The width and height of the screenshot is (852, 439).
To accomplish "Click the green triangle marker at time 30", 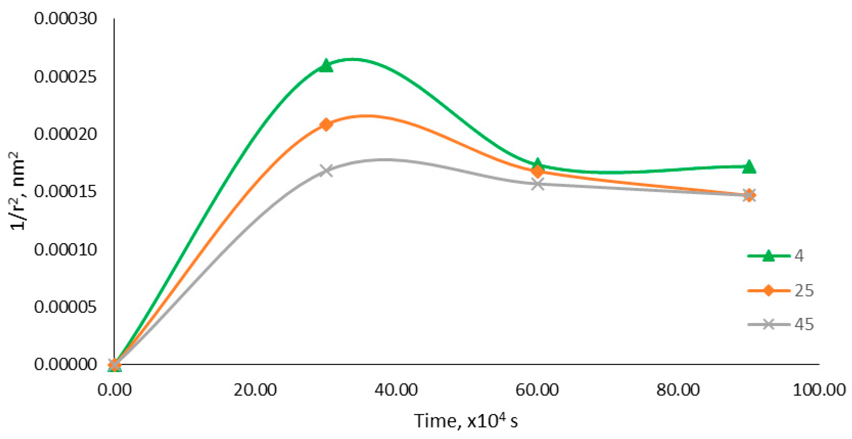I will [x=326, y=65].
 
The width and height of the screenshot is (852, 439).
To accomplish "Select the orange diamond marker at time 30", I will [x=326, y=125].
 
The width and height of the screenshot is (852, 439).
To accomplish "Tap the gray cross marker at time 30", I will [x=326, y=171].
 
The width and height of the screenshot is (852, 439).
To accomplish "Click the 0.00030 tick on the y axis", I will [x=65, y=19].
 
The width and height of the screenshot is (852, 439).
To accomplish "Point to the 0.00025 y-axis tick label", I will [x=65, y=76].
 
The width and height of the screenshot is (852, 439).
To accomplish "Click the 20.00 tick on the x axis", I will [x=255, y=390].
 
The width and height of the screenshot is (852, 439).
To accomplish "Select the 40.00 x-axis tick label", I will [x=396, y=390].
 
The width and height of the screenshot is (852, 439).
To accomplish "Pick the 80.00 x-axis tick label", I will [x=678, y=390].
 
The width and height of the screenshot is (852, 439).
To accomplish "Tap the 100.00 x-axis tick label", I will [x=819, y=390].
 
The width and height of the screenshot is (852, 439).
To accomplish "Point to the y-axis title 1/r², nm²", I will [x=18, y=191].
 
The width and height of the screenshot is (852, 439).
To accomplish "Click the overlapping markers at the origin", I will [x=114, y=365].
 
